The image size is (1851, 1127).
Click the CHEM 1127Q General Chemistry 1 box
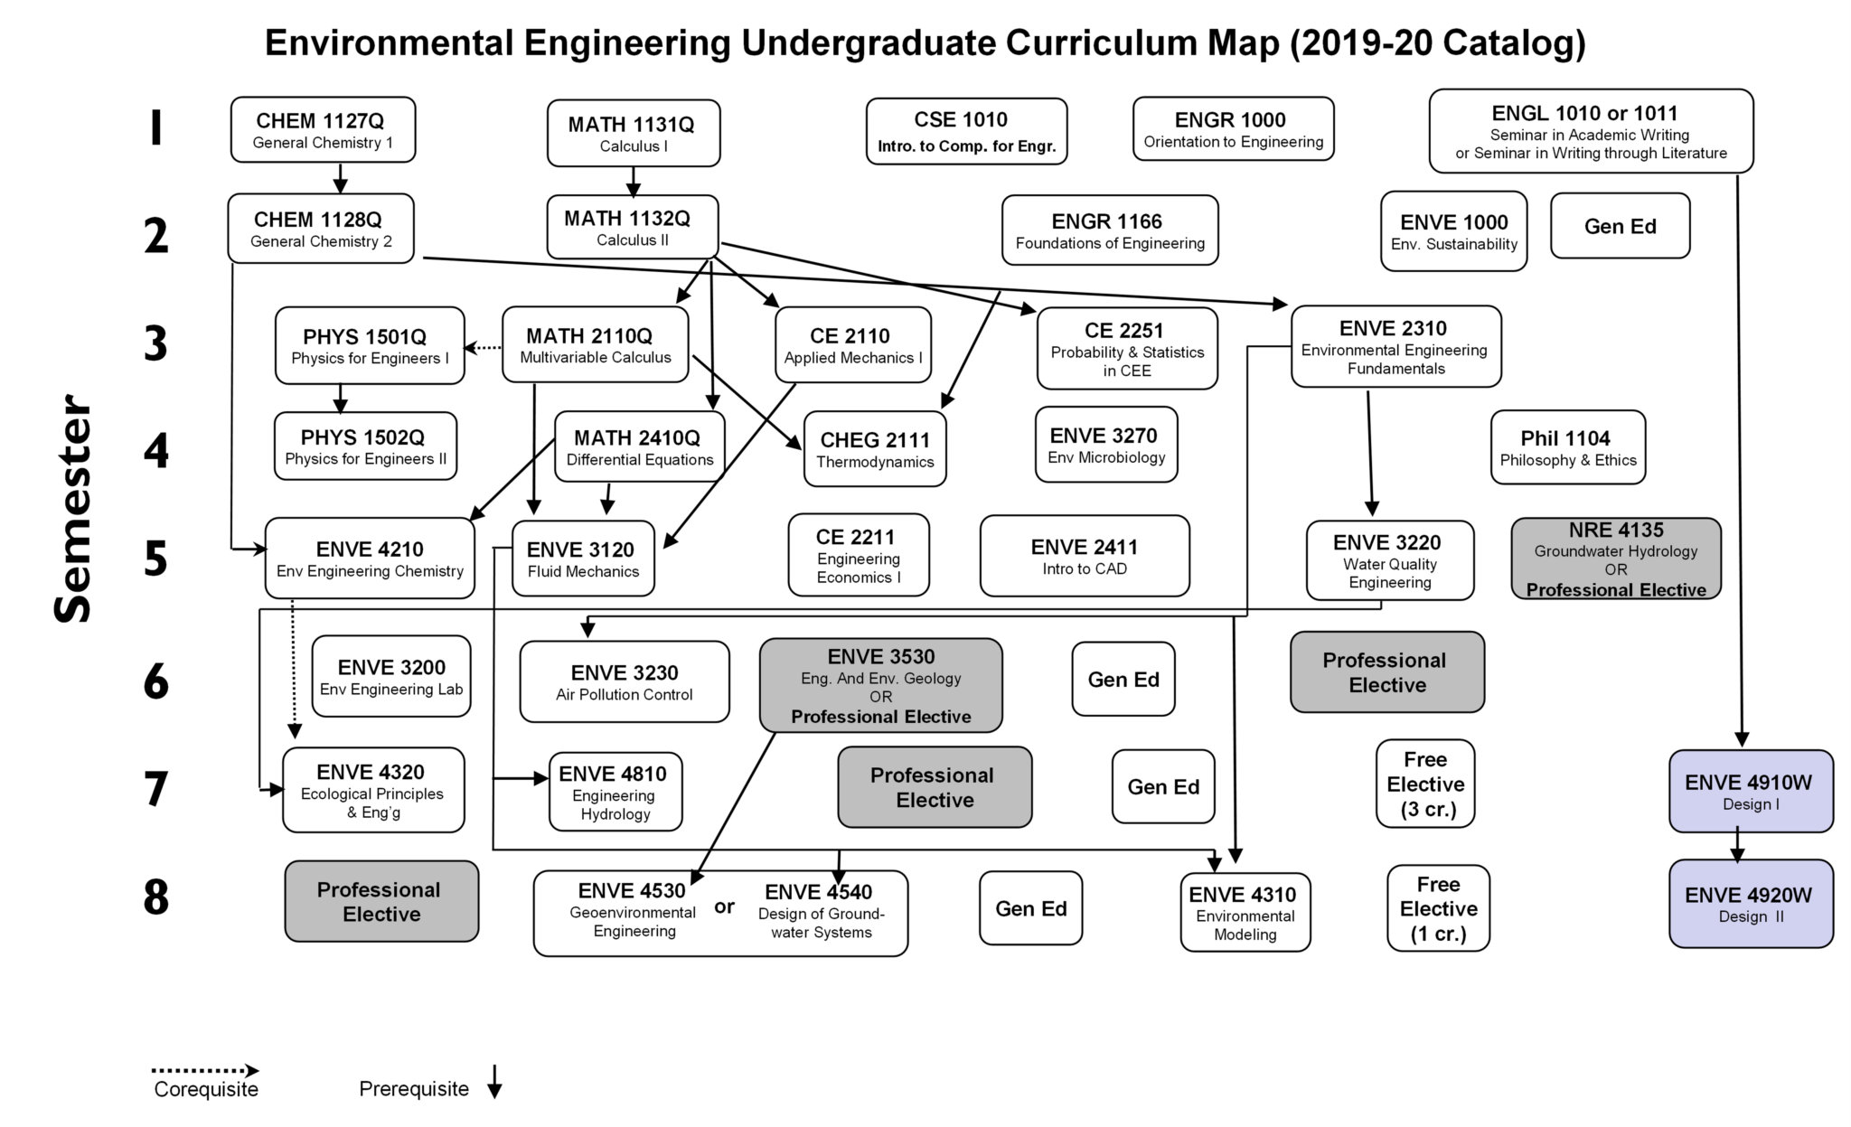(x=323, y=130)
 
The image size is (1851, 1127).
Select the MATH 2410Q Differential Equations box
(x=639, y=447)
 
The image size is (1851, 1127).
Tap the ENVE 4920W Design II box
(x=1751, y=904)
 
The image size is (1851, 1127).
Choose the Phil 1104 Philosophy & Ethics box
(x=1567, y=447)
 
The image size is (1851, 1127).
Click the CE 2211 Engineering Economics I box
(x=858, y=555)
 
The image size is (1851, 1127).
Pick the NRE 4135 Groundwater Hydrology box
(x=1615, y=559)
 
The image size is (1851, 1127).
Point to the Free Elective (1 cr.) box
(x=1438, y=908)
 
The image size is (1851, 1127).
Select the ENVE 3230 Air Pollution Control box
(x=624, y=681)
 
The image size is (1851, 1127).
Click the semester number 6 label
(x=156, y=682)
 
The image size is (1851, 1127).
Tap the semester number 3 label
(x=156, y=344)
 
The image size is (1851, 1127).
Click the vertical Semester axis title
(x=73, y=509)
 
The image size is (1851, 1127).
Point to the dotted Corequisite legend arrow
(x=205, y=1071)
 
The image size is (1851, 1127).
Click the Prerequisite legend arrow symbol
(x=493, y=1082)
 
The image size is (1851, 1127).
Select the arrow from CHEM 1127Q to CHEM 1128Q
(x=340, y=177)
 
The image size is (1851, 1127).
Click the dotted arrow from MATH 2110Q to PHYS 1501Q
(x=483, y=347)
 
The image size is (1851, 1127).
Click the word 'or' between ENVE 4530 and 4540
(x=724, y=906)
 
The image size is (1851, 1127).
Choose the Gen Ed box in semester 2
(x=1620, y=226)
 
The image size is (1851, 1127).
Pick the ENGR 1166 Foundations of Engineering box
(x=1109, y=230)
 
